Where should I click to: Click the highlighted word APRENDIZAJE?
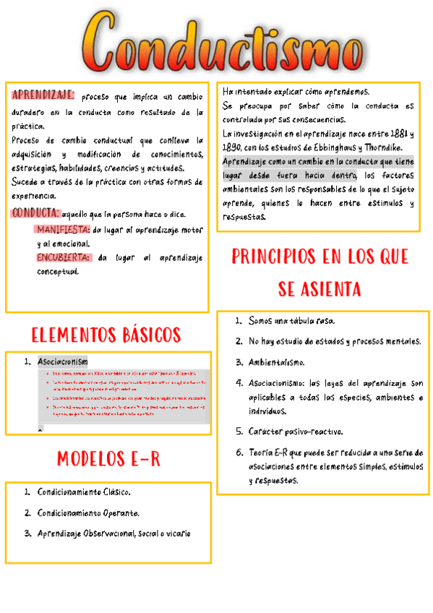[x=43, y=95]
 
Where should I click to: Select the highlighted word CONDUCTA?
[x=35, y=213]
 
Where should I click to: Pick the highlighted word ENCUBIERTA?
[x=64, y=257]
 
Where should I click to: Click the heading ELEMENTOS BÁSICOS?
[x=106, y=335]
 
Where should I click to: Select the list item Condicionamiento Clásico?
[x=84, y=492]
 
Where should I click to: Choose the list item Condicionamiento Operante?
[x=88, y=513]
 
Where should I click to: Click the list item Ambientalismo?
[x=276, y=362]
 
